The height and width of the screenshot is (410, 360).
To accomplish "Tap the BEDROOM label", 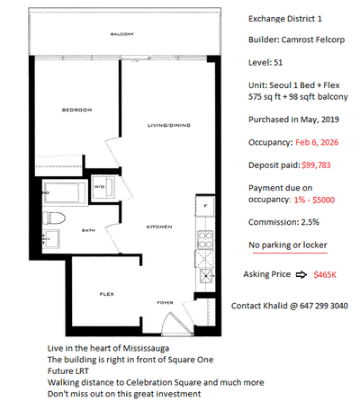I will (x=76, y=110).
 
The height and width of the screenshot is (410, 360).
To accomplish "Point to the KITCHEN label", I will (x=159, y=227).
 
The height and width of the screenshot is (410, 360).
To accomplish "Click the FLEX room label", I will (x=105, y=294).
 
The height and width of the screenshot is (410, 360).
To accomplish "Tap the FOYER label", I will (x=165, y=303).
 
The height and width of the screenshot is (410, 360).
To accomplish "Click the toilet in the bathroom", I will (x=55, y=219).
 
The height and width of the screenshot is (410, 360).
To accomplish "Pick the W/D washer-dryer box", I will (x=99, y=188).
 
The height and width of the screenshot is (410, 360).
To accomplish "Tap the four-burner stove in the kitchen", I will (x=205, y=241).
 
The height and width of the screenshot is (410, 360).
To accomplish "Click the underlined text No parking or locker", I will (x=287, y=245).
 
